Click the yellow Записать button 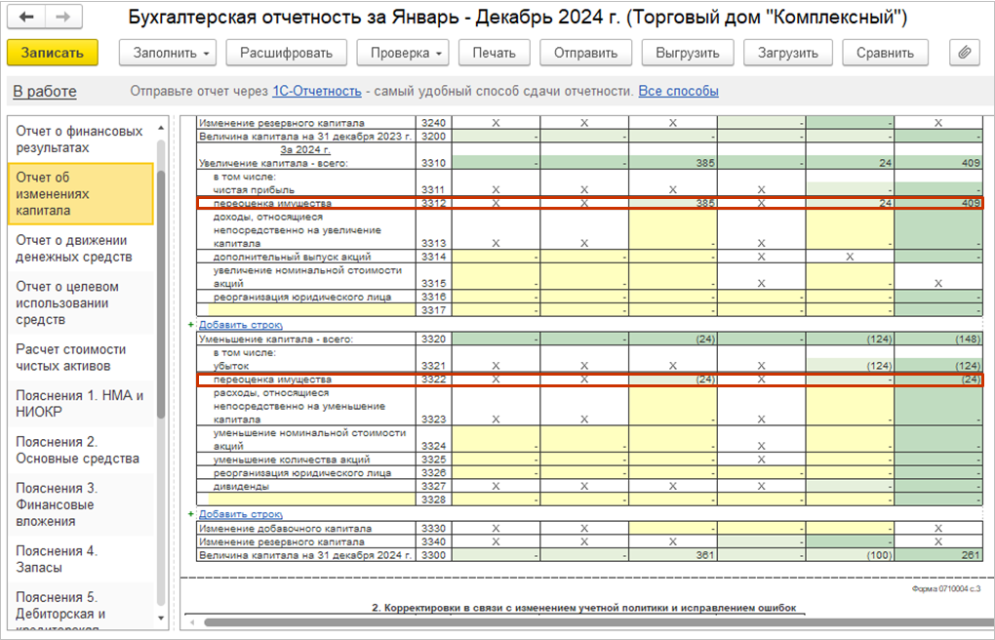(53, 53)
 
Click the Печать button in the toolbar (494, 53)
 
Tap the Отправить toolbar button (585, 53)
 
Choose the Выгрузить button (688, 53)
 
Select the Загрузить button (788, 53)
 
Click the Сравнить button (885, 53)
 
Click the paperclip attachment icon (963, 53)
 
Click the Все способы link (678, 92)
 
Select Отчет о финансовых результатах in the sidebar (79, 140)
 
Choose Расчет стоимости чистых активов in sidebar (71, 357)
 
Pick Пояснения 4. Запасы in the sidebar (57, 559)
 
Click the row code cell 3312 (433, 203)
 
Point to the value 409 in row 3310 (969, 163)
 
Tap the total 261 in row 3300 (969, 555)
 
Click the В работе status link (45, 92)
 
